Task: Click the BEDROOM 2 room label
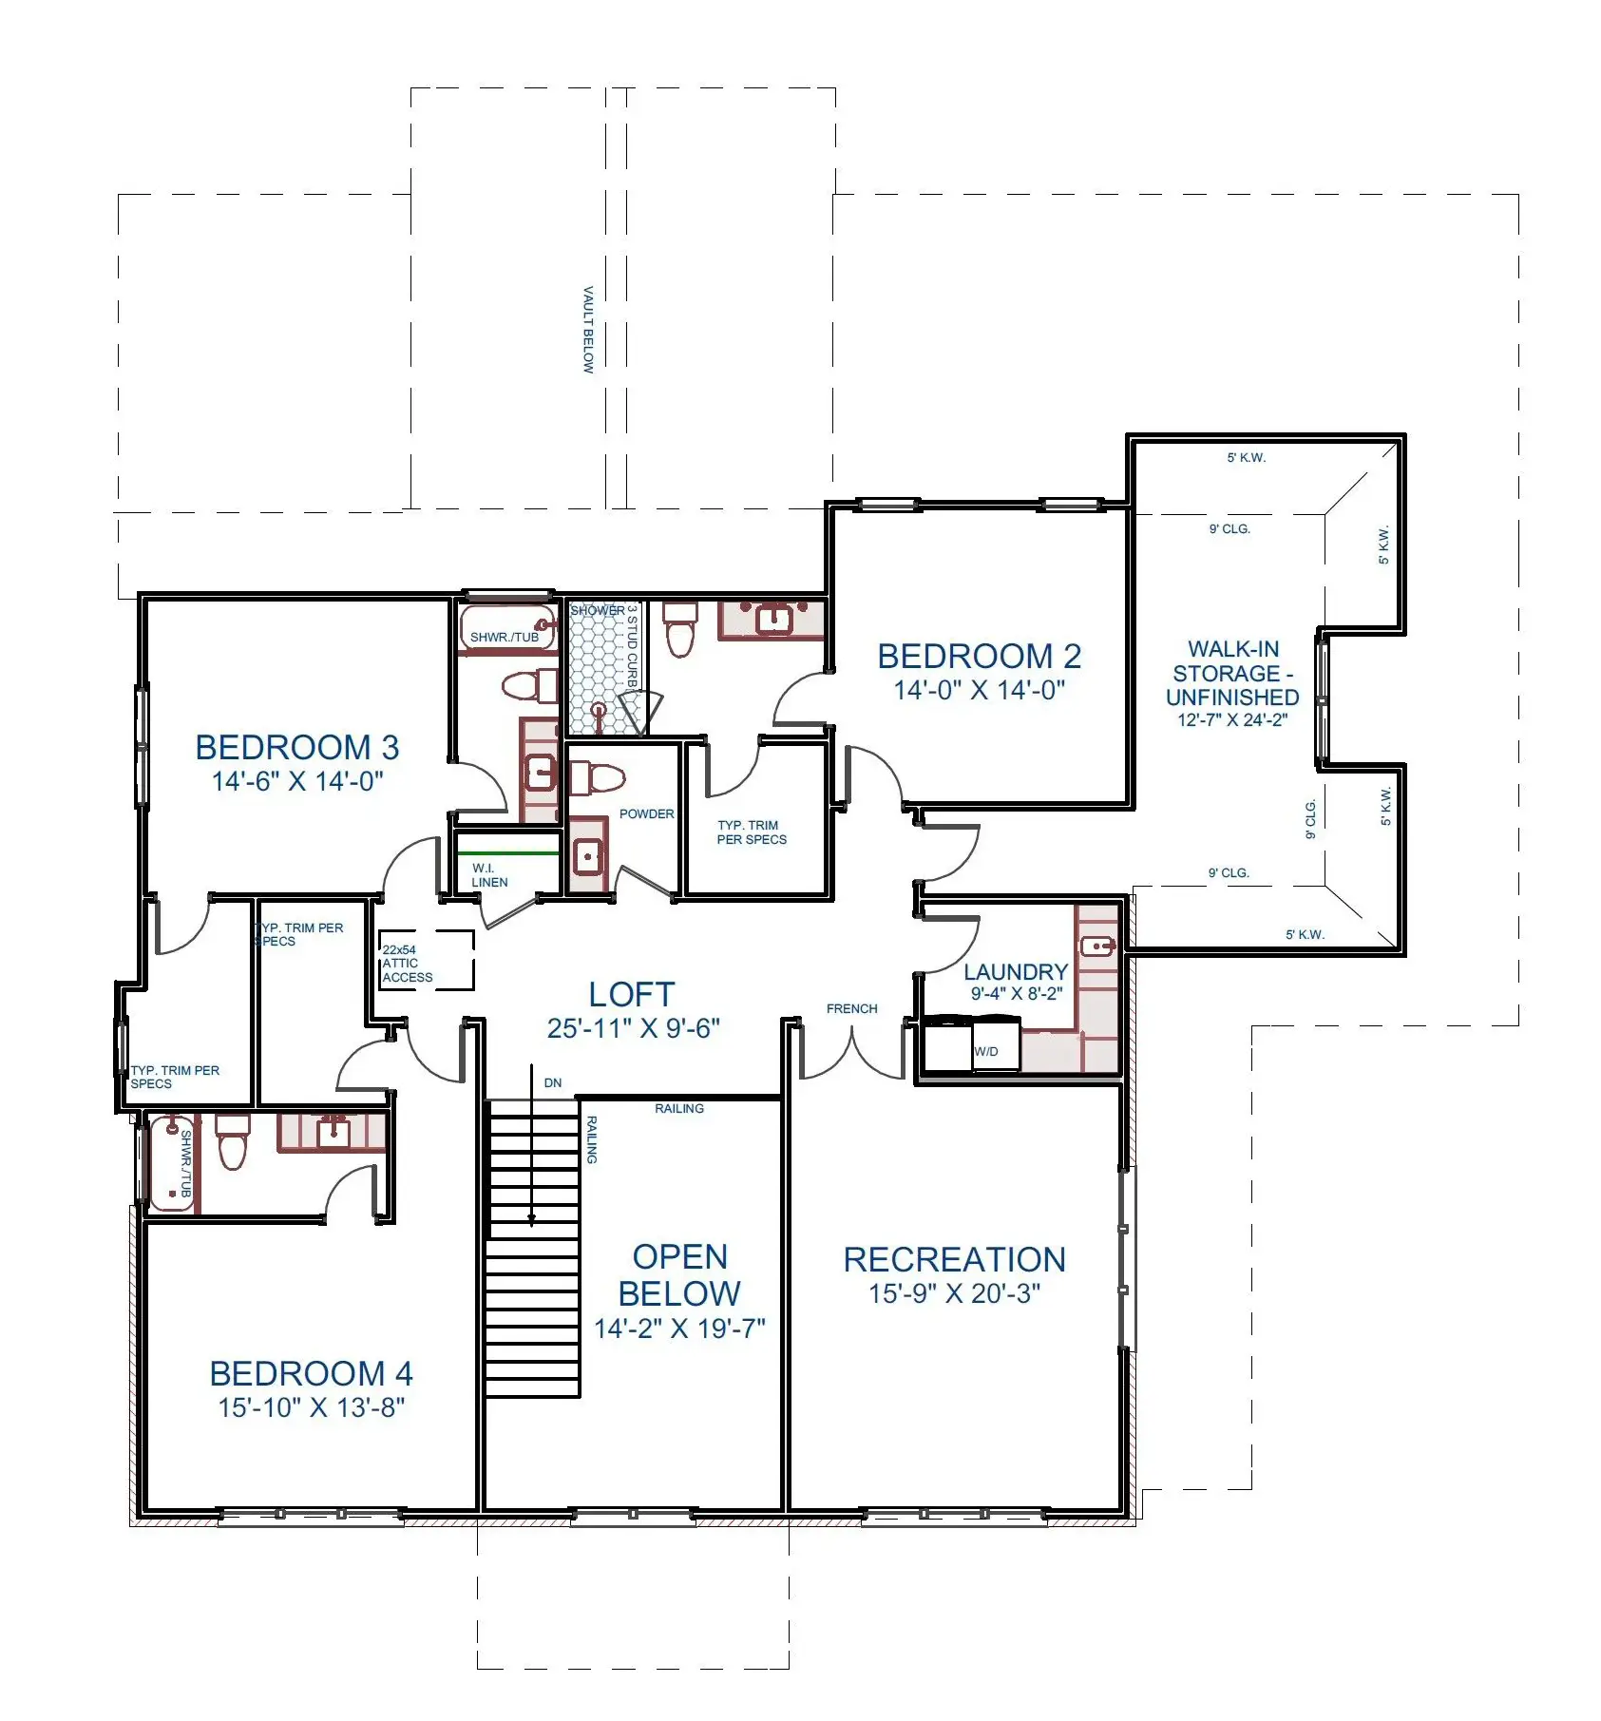979,656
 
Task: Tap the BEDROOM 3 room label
296,747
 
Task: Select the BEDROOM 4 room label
311,1373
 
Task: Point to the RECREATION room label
954,1259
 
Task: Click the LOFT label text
632,994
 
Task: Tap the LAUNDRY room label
1016,971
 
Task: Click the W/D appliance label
986,1051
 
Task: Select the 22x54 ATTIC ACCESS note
408,963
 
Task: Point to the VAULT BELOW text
587,330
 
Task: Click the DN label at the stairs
553,1082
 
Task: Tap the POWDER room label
646,813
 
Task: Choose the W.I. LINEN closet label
489,875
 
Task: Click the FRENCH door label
852,1008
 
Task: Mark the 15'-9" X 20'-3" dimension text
954,1293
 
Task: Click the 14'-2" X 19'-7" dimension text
679,1328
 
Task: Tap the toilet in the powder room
596,778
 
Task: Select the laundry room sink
1097,947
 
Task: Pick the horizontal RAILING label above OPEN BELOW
679,1108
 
